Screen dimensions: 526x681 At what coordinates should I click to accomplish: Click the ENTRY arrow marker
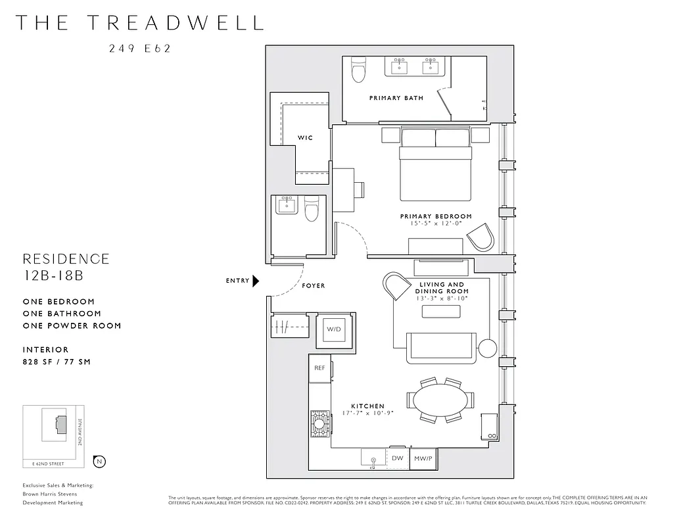pos(256,281)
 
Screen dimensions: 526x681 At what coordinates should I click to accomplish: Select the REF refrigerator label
pos(320,368)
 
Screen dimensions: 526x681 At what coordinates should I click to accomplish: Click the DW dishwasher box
pos(397,458)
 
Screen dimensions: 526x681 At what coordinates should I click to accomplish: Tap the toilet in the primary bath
pos(358,70)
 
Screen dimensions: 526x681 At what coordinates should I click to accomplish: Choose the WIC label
pos(305,137)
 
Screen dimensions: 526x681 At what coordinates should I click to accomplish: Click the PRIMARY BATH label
pos(396,98)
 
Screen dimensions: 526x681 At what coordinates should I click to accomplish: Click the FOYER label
pos(314,286)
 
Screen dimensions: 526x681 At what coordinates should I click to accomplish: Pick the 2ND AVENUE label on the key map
pos(79,433)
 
